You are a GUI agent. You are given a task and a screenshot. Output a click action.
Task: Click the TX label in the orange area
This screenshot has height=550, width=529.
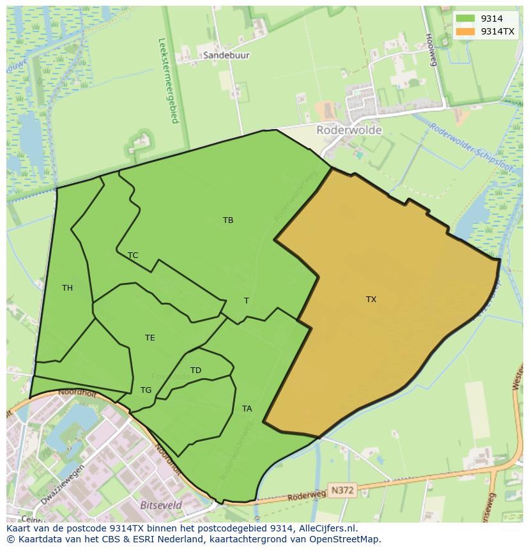[x=371, y=299]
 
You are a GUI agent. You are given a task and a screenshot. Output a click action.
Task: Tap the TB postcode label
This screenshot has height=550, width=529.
[x=228, y=220]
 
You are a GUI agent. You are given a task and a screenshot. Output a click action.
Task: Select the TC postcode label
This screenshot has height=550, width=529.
[x=133, y=256]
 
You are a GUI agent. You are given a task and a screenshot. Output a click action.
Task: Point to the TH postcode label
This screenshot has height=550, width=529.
[x=67, y=288]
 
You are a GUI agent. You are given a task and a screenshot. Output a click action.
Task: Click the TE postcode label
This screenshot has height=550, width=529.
[x=149, y=338]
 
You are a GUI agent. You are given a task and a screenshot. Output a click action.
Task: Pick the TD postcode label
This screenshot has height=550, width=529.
[x=195, y=370]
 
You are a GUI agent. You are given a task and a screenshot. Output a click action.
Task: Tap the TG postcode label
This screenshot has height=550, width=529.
[x=146, y=390]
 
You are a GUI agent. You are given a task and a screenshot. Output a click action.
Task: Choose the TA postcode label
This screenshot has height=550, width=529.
[x=247, y=409]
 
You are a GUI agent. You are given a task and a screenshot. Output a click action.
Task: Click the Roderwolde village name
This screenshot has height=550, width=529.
[x=349, y=130]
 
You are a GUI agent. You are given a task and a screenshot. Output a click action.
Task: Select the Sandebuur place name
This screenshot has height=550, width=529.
[x=226, y=56]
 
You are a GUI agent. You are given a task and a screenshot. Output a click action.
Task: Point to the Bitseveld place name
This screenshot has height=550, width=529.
[x=160, y=505]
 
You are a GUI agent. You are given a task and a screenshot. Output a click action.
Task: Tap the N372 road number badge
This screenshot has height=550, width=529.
[x=342, y=489]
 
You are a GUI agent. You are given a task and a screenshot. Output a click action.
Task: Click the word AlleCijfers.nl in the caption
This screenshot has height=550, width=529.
[x=326, y=528]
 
